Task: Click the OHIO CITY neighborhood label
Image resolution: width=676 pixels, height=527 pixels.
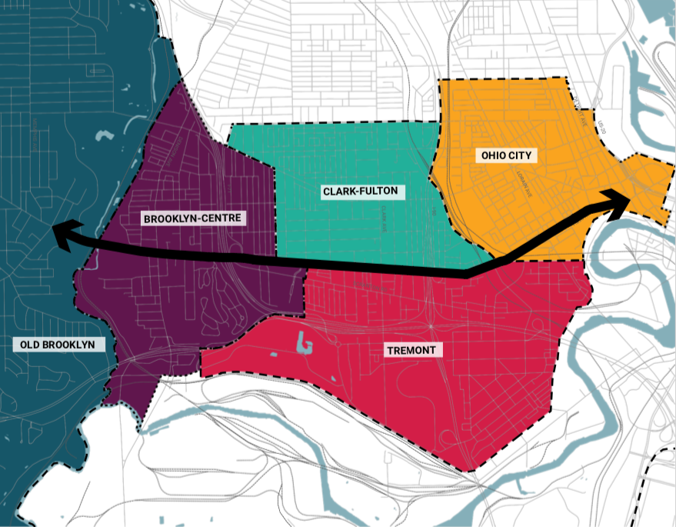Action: (506, 155)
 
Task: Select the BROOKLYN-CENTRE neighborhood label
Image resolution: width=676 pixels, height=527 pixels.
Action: (192, 218)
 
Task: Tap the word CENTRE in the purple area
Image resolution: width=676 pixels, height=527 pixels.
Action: (223, 218)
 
